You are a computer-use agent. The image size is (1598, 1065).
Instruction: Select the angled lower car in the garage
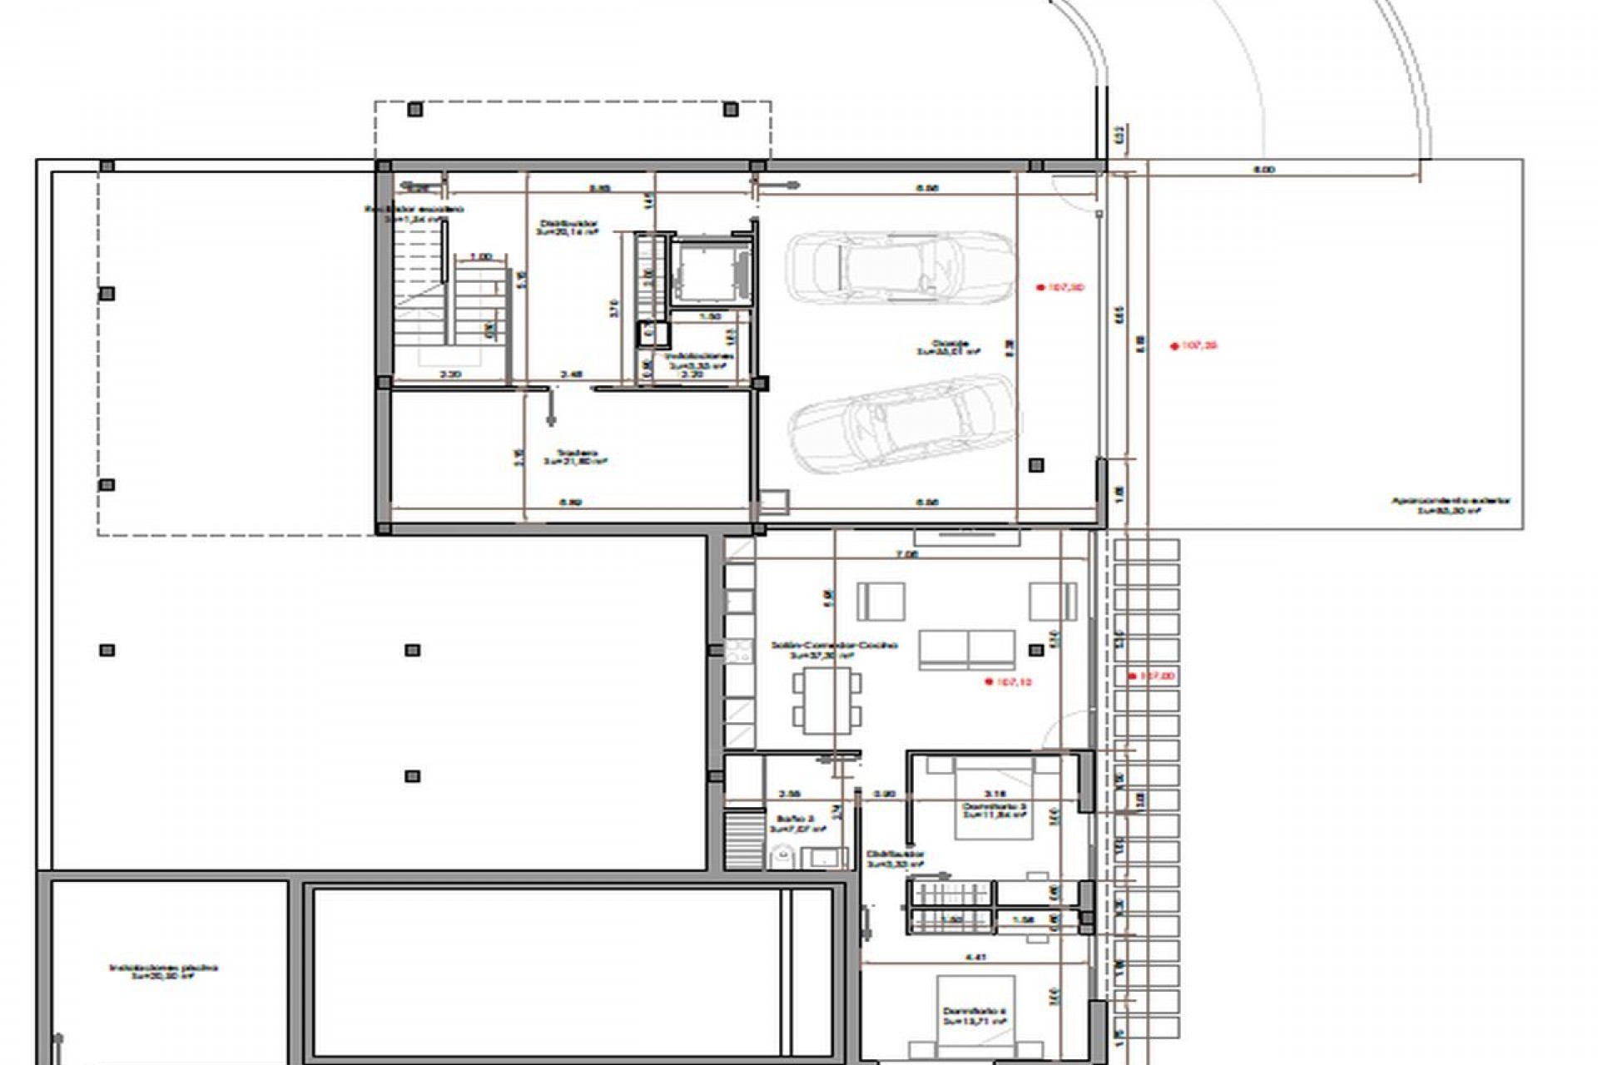[903, 424]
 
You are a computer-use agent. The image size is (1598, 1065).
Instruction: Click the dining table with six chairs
[826, 701]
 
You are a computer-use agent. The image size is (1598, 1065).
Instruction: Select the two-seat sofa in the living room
[966, 650]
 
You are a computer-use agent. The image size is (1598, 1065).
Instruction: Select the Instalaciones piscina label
[163, 971]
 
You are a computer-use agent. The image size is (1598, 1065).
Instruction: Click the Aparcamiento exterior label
[1451, 505]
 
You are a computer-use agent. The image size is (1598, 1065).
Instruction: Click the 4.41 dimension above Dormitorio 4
[976, 958]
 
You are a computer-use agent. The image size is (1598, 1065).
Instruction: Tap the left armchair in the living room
[881, 601]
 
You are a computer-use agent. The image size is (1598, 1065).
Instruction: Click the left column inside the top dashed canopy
[415, 109]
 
